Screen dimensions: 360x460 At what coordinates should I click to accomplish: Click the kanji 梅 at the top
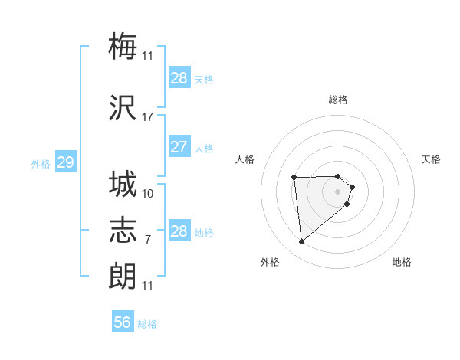point(123,47)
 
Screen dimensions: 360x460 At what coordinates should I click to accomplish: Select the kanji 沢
point(123,109)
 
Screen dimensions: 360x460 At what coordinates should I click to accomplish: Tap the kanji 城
point(123,185)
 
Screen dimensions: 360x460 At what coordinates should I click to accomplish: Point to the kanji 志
point(123,231)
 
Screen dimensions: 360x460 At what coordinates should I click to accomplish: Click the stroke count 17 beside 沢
point(147,117)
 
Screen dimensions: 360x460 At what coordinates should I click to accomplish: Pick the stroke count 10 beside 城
point(147,194)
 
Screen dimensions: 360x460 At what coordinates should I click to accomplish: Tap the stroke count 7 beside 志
point(147,240)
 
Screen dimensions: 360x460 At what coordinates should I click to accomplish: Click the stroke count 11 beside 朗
point(147,286)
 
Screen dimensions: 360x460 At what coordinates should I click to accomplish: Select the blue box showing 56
point(123,322)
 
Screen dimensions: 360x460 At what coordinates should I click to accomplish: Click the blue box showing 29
point(65,162)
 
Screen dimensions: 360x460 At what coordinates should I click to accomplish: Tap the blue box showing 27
point(179,147)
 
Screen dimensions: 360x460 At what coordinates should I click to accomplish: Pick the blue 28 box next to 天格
point(179,78)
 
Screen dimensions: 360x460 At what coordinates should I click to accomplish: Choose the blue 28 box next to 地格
point(179,231)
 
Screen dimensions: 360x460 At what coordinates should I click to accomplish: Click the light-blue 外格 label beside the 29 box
point(41,164)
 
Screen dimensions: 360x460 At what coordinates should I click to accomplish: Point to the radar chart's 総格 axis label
point(338,100)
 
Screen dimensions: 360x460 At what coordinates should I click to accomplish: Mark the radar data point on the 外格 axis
point(301,242)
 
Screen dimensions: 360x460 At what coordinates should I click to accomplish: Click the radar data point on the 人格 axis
point(294,178)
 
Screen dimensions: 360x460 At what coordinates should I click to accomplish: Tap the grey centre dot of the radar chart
point(338,191)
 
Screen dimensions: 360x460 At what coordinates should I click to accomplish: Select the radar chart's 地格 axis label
point(402,262)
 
